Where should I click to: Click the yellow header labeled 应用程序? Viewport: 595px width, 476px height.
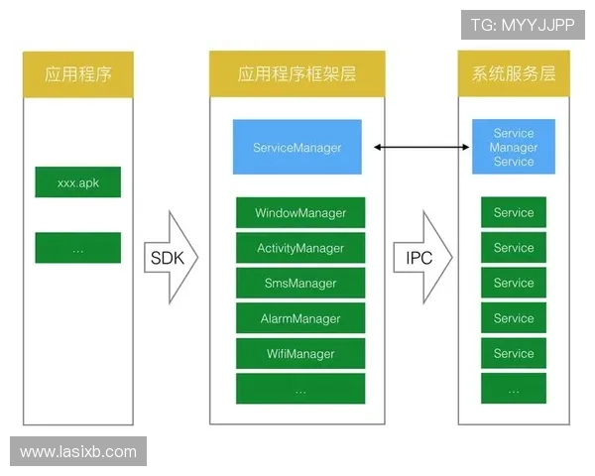click(77, 74)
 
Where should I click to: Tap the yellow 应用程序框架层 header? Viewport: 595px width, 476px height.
click(297, 74)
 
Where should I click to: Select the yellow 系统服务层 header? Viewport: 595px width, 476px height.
click(514, 74)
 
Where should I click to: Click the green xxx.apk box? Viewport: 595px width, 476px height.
click(77, 182)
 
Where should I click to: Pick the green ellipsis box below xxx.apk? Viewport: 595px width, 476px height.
click(77, 248)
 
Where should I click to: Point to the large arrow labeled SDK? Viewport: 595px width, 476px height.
click(169, 257)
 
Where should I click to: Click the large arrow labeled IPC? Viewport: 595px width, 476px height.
click(421, 257)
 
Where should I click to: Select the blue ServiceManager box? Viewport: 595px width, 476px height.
click(297, 148)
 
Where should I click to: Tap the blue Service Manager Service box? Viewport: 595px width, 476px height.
click(514, 148)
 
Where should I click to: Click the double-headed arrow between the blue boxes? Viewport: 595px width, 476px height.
click(421, 148)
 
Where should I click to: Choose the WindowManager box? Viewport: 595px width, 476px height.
click(300, 212)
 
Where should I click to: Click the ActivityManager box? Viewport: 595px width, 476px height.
click(300, 248)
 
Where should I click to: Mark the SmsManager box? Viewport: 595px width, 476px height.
click(300, 283)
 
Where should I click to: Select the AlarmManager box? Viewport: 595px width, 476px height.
click(300, 318)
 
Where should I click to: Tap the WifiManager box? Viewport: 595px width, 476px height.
click(300, 353)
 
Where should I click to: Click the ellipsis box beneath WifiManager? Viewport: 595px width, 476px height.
click(300, 389)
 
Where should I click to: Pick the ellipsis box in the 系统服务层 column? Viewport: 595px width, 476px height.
click(514, 389)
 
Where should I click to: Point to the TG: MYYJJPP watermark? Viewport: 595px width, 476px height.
click(523, 25)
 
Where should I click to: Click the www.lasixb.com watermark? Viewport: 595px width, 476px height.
click(78, 451)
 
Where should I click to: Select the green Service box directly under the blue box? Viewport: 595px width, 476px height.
click(514, 212)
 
